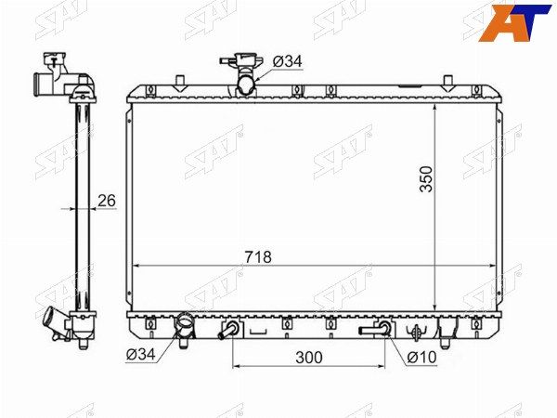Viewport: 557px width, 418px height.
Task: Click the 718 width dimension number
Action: [258, 257]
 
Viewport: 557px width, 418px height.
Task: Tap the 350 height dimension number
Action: [426, 179]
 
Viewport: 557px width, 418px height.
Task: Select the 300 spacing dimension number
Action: [309, 358]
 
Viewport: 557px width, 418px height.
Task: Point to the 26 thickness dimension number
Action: [107, 201]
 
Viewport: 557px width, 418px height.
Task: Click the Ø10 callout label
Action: [421, 358]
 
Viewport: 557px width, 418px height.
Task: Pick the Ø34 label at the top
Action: [288, 61]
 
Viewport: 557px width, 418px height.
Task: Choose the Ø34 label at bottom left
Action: [141, 354]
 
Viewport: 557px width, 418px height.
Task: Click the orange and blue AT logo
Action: [515, 22]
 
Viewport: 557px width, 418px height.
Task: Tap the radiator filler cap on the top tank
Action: [242, 60]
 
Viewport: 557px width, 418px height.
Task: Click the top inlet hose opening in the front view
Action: [246, 85]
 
